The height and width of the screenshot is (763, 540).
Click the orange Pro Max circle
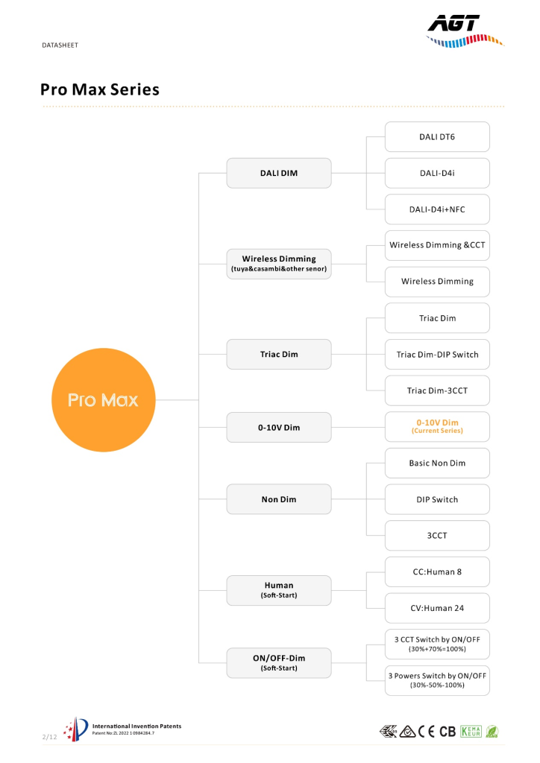click(103, 400)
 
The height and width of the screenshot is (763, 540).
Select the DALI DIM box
click(279, 173)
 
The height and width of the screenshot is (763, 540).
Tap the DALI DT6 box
click(437, 137)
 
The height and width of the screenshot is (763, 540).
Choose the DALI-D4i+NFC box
click(437, 209)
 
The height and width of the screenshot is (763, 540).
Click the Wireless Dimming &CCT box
click(437, 245)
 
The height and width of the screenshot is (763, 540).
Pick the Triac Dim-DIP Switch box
click(437, 354)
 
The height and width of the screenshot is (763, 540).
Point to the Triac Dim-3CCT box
click(437, 390)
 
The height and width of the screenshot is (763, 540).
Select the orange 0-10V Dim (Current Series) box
click(437, 427)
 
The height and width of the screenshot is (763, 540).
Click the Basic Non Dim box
click(437, 463)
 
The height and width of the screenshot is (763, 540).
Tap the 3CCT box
click(437, 535)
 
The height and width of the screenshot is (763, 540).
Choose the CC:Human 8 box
click(437, 572)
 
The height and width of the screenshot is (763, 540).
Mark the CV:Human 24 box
click(437, 608)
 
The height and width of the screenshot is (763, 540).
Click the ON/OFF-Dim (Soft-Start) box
click(279, 662)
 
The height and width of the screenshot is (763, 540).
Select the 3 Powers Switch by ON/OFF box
click(437, 680)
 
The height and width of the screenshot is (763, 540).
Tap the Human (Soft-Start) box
click(279, 590)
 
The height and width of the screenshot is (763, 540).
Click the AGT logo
click(465, 31)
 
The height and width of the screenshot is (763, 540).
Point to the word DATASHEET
click(60, 45)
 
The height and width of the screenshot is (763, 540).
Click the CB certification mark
click(448, 732)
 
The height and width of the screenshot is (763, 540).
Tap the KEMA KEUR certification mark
click(471, 732)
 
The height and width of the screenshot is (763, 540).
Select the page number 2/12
click(50, 737)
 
